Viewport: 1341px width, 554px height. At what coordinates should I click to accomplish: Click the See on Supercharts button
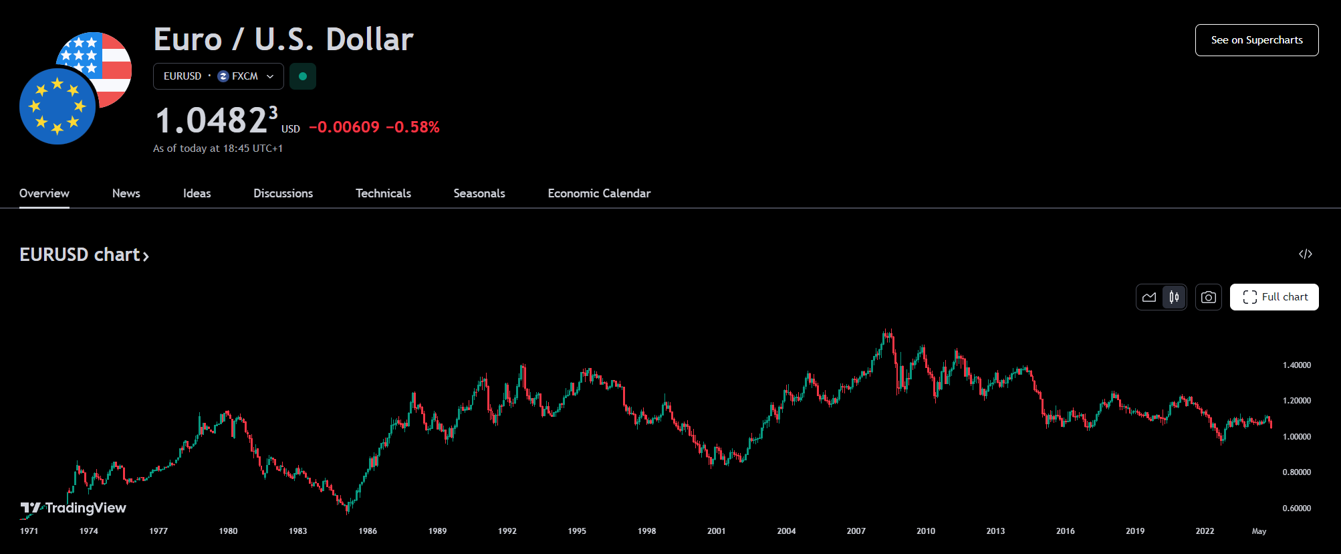pos(1256,40)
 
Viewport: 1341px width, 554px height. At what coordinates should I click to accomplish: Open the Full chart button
pos(1274,297)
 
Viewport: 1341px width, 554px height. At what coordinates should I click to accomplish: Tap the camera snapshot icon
pos(1208,297)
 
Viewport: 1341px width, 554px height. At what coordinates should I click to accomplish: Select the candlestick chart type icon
pos(1174,297)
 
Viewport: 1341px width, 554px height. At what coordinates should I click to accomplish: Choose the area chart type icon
pos(1149,297)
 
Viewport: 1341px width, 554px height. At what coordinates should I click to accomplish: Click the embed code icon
pos(1305,254)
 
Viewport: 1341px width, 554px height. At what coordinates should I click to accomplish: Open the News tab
pos(126,193)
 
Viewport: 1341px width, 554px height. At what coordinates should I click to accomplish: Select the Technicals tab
pos(383,193)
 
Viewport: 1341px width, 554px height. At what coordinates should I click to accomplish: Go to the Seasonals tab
pos(479,193)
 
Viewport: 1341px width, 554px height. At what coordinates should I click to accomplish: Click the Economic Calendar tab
pos(599,193)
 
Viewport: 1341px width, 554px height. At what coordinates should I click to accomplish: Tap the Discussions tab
pos(283,193)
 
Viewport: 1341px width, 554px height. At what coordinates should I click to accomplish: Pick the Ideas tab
pos(197,193)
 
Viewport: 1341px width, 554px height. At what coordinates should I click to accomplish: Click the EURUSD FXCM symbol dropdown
pos(219,76)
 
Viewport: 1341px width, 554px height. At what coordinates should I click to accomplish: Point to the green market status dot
pos(303,76)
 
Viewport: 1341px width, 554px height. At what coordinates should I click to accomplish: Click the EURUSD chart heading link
pos(84,255)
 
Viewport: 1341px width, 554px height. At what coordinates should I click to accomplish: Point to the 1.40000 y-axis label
pos(1296,365)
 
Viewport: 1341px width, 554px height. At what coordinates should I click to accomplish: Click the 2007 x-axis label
pos(856,531)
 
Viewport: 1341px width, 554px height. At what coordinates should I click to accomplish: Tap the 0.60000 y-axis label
pos(1296,509)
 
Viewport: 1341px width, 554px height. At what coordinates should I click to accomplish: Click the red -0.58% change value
pos(412,127)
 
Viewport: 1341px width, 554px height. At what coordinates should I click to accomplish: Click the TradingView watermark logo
pos(74,508)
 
